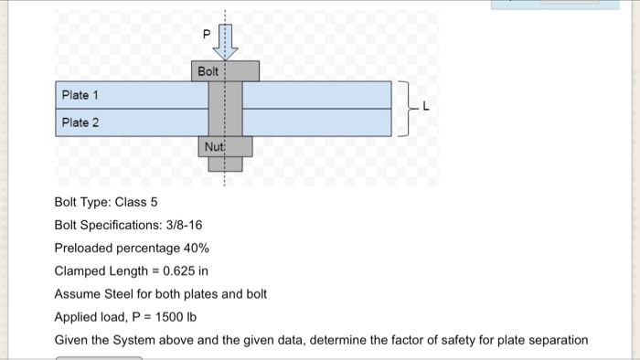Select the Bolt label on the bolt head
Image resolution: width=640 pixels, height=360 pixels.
coord(209,71)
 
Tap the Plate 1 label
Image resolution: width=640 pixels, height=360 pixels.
coord(80,95)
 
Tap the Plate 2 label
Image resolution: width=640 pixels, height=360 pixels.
coord(80,122)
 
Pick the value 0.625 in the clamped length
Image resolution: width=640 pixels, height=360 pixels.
coord(184,271)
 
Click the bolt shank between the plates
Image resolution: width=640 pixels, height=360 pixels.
coord(225,108)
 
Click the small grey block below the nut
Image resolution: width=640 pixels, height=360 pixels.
coord(225,164)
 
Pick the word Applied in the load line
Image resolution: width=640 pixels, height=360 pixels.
coord(77,317)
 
